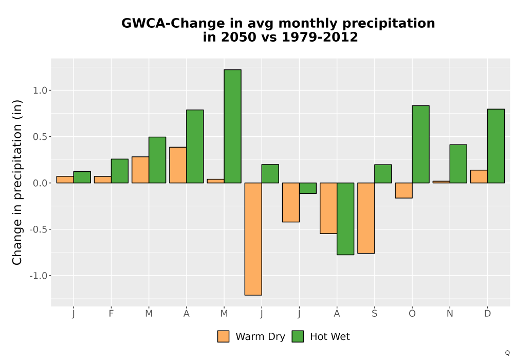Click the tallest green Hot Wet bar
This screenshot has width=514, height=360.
pos(232,126)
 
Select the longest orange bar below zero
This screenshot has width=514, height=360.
pos(253,239)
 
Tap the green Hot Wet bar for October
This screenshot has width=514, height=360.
pos(420,145)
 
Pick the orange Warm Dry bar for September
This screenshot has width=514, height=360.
pos(366,218)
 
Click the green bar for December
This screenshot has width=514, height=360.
pos(496,146)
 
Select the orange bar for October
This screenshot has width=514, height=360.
pos(404,190)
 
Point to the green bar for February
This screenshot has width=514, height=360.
pos(120,171)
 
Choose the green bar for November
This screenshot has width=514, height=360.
pos(458,164)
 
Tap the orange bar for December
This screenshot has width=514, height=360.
pos(479,176)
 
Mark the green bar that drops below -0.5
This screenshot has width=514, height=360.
pos(345,219)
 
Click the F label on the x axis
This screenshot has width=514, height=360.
pos(111,314)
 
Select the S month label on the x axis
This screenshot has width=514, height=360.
pos(374,314)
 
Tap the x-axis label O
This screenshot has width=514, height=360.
pos(412,314)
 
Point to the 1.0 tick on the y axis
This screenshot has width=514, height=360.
pos(40,91)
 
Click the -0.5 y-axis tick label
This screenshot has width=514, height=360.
pos(39,229)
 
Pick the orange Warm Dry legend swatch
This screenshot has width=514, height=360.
pos(223,336)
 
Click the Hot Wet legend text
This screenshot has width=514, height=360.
pos(330,337)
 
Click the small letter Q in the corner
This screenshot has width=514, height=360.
pos(507,353)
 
